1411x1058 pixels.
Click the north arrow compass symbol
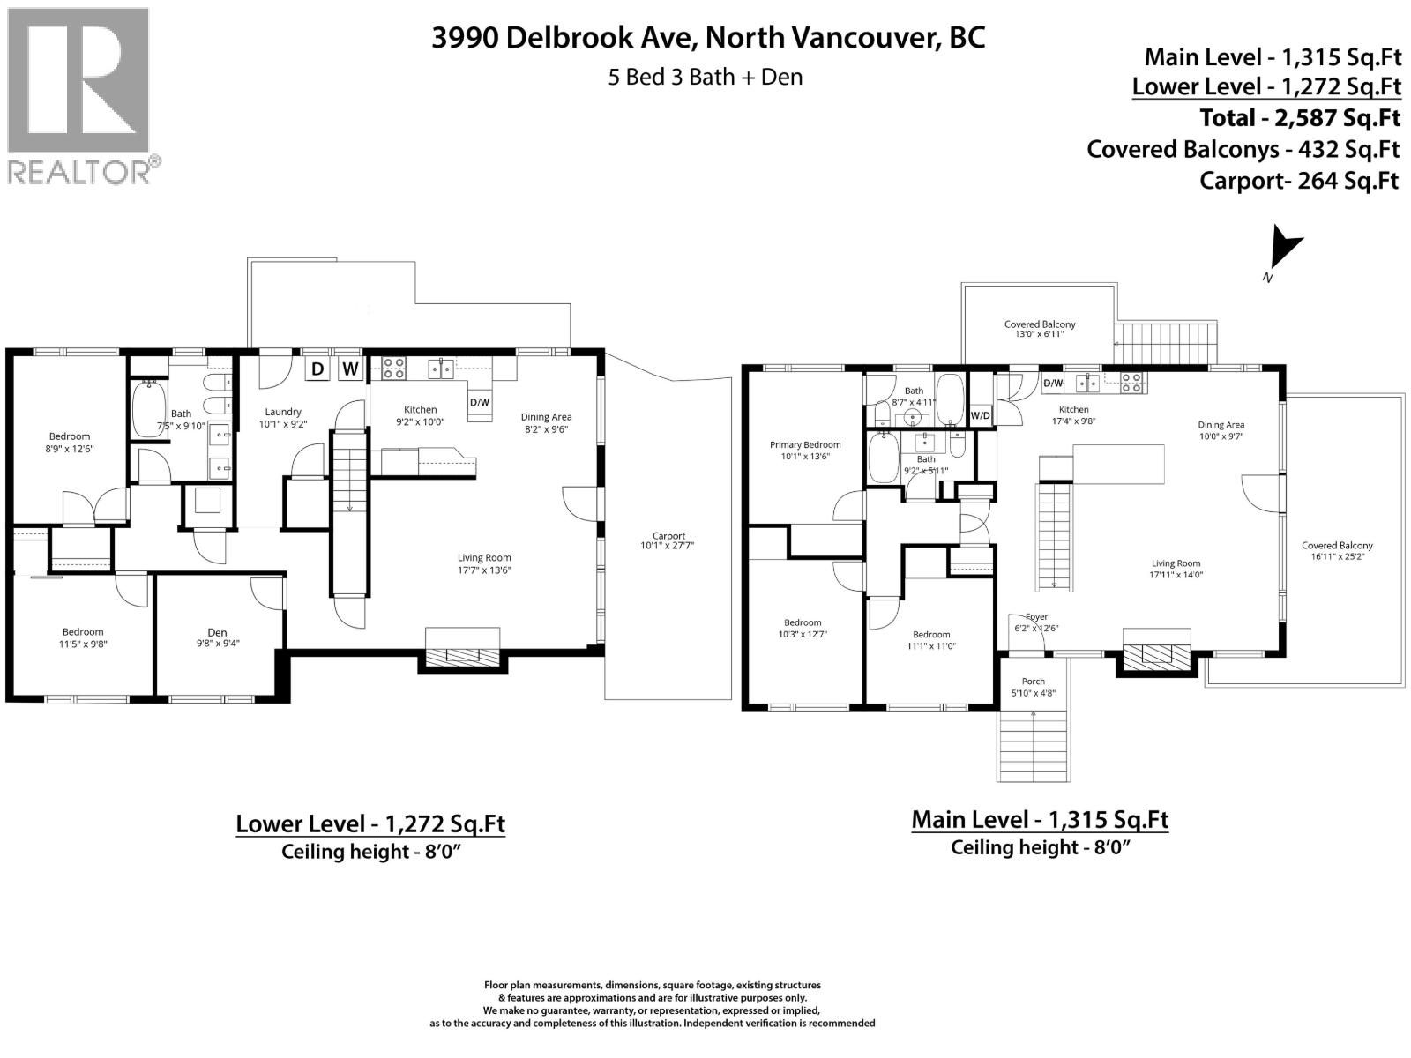point(1285,250)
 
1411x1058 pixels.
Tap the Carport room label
point(668,540)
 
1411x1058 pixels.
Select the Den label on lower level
point(217,637)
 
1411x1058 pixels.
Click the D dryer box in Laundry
point(317,369)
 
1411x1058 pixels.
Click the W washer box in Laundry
point(350,369)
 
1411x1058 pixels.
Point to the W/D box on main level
point(980,415)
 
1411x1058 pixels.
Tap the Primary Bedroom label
point(804,451)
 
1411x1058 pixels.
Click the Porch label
point(1033,687)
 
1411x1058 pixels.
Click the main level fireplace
point(1156,654)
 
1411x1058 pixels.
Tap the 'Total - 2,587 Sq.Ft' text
point(1299,118)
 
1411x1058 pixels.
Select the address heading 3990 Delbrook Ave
point(708,37)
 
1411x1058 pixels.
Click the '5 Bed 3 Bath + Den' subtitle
point(705,77)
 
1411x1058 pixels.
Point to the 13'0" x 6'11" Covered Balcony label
point(1039,329)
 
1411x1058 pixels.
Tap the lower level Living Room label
point(484,563)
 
